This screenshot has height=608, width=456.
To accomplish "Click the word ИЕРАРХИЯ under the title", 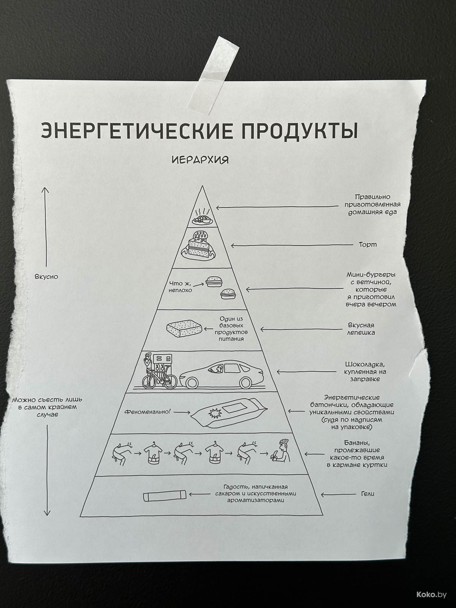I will click(x=200, y=160).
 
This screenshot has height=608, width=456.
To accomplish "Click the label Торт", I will click(x=368, y=244).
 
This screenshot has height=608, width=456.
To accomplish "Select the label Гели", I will click(x=367, y=494).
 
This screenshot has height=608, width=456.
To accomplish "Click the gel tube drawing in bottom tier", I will click(x=165, y=496).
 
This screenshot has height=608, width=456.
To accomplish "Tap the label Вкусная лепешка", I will click(x=361, y=329).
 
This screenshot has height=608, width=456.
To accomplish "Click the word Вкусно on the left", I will click(x=46, y=277).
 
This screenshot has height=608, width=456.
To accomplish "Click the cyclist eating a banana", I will click(x=281, y=451).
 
